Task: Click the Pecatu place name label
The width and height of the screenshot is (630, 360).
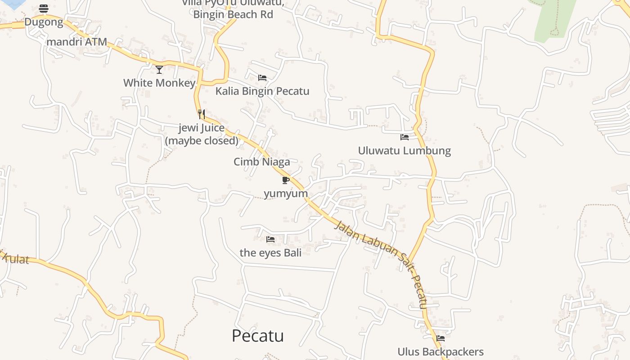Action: (x=258, y=336)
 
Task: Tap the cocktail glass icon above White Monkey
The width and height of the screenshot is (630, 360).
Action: (x=159, y=69)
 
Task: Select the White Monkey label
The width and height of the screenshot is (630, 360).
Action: (x=159, y=83)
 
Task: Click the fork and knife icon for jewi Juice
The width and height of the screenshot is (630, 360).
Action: (x=202, y=114)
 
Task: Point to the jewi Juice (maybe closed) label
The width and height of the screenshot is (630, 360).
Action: (x=202, y=134)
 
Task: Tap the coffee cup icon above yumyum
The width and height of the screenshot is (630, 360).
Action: (x=285, y=180)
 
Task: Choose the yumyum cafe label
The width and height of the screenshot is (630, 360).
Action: (x=286, y=193)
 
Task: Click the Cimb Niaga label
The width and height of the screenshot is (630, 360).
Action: (x=262, y=162)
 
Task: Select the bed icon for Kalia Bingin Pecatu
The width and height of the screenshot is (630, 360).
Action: (x=262, y=78)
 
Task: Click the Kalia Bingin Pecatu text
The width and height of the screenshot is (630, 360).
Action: (x=262, y=91)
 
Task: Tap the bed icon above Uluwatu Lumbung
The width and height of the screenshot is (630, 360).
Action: (x=405, y=137)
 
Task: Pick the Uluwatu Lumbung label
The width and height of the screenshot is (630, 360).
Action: (x=405, y=150)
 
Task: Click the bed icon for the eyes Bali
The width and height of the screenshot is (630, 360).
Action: (x=270, y=239)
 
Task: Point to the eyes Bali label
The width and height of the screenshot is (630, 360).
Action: (x=270, y=252)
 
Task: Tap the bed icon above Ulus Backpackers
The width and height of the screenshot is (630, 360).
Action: (x=441, y=338)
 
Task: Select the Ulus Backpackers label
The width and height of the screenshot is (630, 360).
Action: (x=441, y=351)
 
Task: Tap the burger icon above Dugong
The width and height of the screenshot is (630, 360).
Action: (x=44, y=8)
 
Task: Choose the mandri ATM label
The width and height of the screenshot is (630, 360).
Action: (x=77, y=42)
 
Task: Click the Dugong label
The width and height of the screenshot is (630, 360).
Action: (x=44, y=22)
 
